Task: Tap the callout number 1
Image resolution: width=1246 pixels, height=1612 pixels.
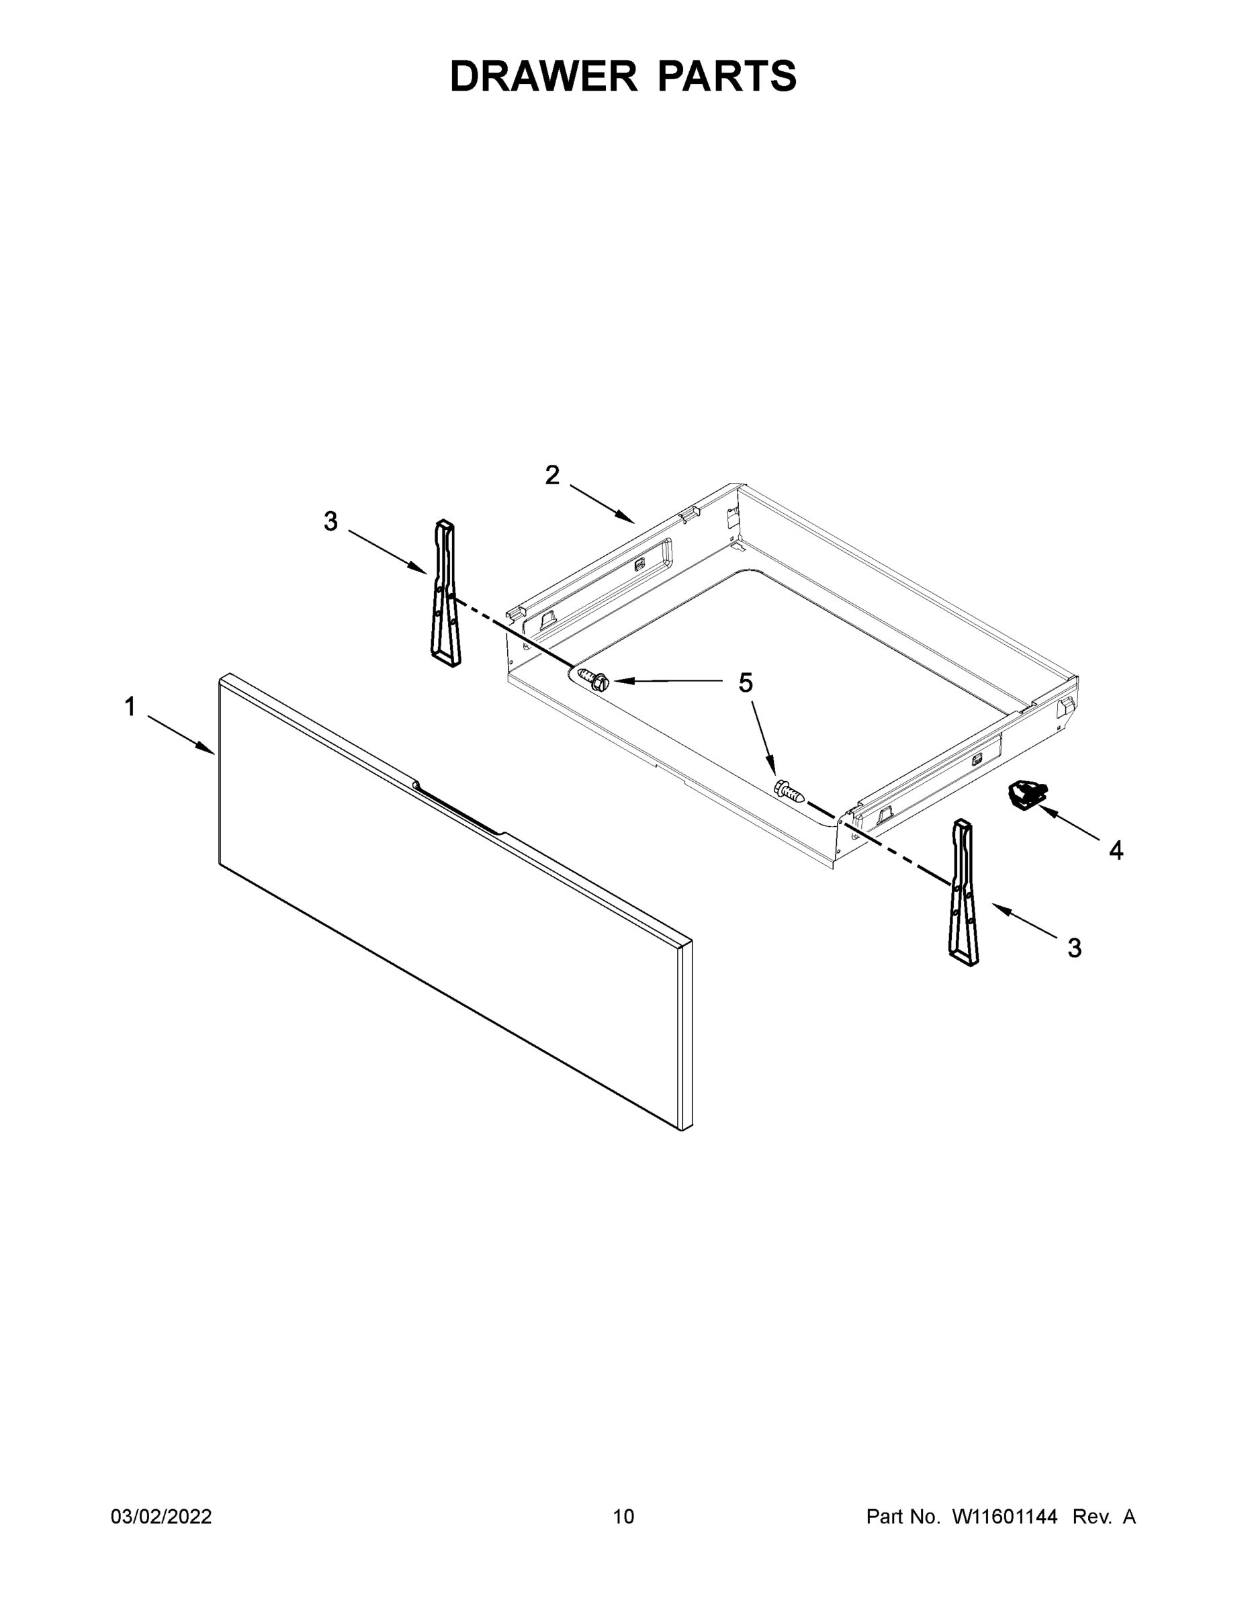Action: [130, 707]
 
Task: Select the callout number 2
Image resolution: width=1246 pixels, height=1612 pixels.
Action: [552, 476]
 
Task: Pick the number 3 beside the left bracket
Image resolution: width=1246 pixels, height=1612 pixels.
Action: [330, 522]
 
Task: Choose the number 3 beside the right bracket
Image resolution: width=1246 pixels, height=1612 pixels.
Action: [1075, 948]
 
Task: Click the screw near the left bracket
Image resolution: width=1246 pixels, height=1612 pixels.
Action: [594, 678]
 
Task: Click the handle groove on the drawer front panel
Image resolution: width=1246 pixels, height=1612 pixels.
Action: [458, 809]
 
